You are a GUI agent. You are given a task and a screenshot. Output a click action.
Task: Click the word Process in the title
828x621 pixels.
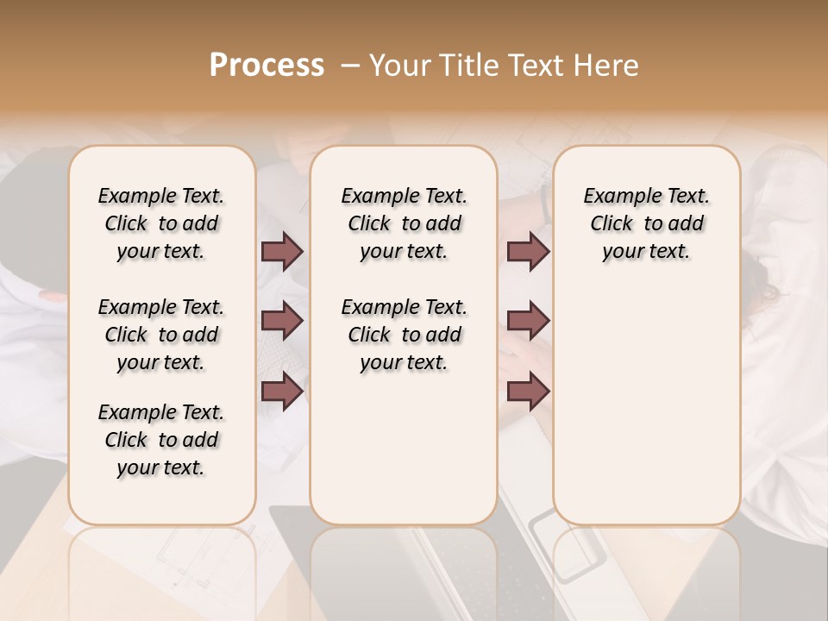[x=267, y=66]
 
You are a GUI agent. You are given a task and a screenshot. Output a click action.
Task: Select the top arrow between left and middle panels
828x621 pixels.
[x=282, y=252]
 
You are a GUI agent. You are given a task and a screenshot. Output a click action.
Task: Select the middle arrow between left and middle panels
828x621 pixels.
[x=282, y=322]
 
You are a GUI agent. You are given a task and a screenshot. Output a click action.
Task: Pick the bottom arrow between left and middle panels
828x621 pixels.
[x=282, y=392]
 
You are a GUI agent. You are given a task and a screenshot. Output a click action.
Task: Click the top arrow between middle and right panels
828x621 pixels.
[x=528, y=252]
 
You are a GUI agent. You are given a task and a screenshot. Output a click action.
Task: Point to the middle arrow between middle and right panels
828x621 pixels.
[x=528, y=322]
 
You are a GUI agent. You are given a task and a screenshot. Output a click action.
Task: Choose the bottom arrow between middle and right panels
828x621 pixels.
[x=528, y=392]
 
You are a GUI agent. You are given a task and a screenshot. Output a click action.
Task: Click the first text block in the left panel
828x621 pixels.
[x=161, y=223]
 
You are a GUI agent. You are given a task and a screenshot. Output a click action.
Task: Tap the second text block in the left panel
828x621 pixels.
[x=161, y=335]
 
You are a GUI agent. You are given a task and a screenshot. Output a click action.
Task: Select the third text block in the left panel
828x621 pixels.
[x=161, y=440]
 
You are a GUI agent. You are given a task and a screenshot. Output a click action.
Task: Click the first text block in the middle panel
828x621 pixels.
[x=404, y=223]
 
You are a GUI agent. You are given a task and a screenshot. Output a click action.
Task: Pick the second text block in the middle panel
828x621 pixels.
[x=404, y=335]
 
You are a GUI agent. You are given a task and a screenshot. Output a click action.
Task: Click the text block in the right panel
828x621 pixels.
[x=646, y=223]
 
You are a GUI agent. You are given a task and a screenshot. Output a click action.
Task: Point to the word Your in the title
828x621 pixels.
[x=399, y=66]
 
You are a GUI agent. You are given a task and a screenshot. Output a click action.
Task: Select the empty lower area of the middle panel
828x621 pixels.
[x=404, y=448]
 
